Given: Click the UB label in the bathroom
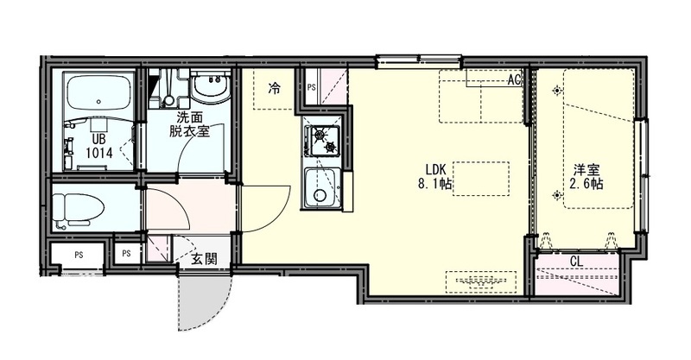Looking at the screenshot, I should (98, 138).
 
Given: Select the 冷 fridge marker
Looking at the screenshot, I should (274, 86).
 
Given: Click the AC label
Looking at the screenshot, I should (514, 80).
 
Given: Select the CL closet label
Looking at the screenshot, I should (576, 260).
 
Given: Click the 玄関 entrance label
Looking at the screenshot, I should (204, 258).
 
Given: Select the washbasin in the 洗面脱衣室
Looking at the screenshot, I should (208, 87).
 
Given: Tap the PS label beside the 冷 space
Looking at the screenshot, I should (310, 87).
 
